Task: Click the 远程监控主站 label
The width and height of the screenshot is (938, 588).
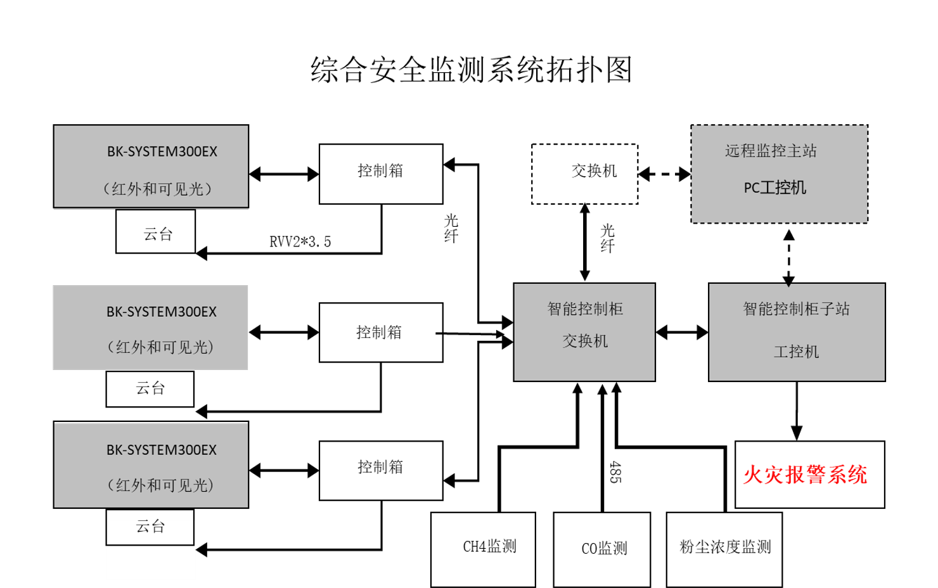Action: pos(771,151)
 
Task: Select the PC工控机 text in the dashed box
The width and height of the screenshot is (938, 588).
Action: pos(774,188)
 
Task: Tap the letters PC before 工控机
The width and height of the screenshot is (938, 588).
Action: pos(751,188)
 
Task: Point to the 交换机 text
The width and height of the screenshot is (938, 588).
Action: pos(585,341)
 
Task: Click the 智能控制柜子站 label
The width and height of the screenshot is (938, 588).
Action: pos(796,309)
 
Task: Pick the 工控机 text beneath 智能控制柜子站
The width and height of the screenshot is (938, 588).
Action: pos(796,352)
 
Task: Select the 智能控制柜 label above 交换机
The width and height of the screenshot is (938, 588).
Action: pos(585,309)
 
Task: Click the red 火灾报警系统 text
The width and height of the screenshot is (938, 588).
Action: pos(805,475)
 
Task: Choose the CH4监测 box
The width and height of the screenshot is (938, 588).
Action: pos(483,549)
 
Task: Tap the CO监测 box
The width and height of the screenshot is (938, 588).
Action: pos(601,549)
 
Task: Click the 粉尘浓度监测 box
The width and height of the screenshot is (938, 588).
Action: pos(724,549)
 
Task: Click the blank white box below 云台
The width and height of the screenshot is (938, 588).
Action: pos(151,563)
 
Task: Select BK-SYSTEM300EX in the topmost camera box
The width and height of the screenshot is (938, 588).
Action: pos(162,151)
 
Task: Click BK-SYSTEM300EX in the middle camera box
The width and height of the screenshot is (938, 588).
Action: pos(161,312)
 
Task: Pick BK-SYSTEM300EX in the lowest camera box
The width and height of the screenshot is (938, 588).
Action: pos(161,450)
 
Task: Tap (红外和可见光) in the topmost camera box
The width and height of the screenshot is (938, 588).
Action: pos(157,189)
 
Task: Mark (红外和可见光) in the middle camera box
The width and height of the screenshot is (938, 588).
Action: pos(160,347)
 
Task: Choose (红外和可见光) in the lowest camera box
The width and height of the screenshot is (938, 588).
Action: pos(160,485)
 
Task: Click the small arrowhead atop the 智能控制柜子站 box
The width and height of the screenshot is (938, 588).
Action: pos(788,286)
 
